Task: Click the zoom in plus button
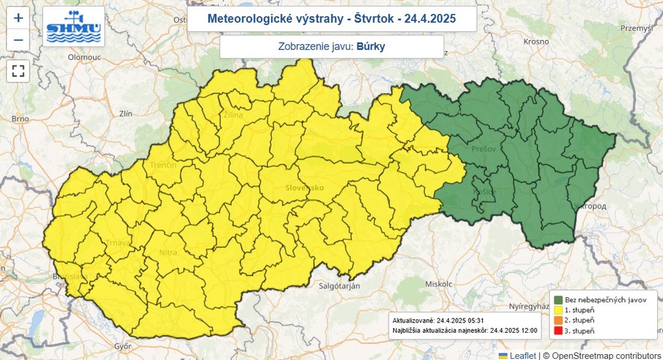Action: [x=18, y=17]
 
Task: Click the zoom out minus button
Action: [x=18, y=40]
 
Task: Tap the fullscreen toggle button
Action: [x=18, y=71]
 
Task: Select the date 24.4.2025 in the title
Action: [x=430, y=19]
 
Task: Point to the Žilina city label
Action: [x=232, y=115]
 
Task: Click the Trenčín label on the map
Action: [x=163, y=166]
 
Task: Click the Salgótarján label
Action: [x=339, y=286]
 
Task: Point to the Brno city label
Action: [x=20, y=118]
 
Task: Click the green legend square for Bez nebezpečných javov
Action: [x=557, y=300]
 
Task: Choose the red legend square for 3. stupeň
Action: [x=557, y=331]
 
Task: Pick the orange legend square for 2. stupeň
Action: [x=557, y=321]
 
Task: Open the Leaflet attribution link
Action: [x=522, y=355]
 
